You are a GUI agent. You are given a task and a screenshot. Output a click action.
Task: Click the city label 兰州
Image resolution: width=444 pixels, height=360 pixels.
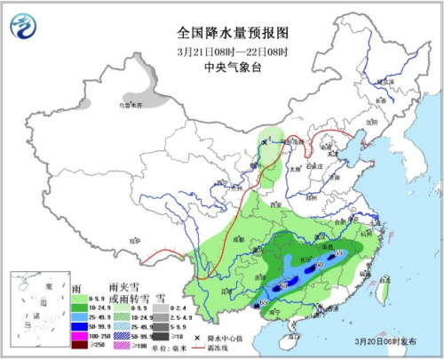click(230, 188)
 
